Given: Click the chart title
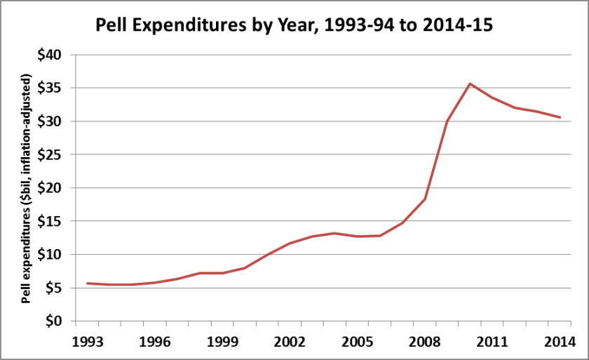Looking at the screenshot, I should pyautogui.click(x=294, y=26).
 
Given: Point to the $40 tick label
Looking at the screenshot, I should pyautogui.click(x=55, y=55).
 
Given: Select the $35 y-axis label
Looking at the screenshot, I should pyautogui.click(x=55, y=88).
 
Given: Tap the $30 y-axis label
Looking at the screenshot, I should pyautogui.click(x=55, y=121).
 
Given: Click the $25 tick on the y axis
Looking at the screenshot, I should pyautogui.click(x=55, y=154).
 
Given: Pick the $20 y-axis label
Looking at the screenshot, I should pyautogui.click(x=55, y=188).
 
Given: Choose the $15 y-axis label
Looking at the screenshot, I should pyautogui.click(x=55, y=221).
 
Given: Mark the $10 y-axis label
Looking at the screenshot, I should pyautogui.click(x=55, y=255).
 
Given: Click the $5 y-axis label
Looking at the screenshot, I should pyautogui.click(x=58, y=288).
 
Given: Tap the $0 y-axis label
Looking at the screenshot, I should pyautogui.click(x=58, y=321).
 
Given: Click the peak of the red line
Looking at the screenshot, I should pyautogui.click(x=470, y=84).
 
